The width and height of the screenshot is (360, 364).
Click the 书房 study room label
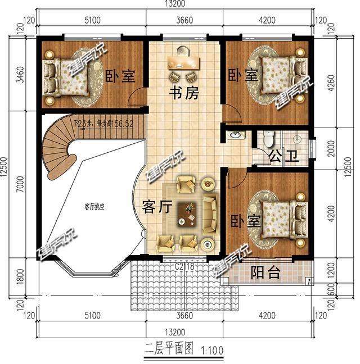click(185, 93)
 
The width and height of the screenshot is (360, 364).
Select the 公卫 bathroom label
click(283, 156)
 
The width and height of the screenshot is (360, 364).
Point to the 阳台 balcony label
click(265, 273)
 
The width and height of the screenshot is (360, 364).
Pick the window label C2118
click(184, 267)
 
